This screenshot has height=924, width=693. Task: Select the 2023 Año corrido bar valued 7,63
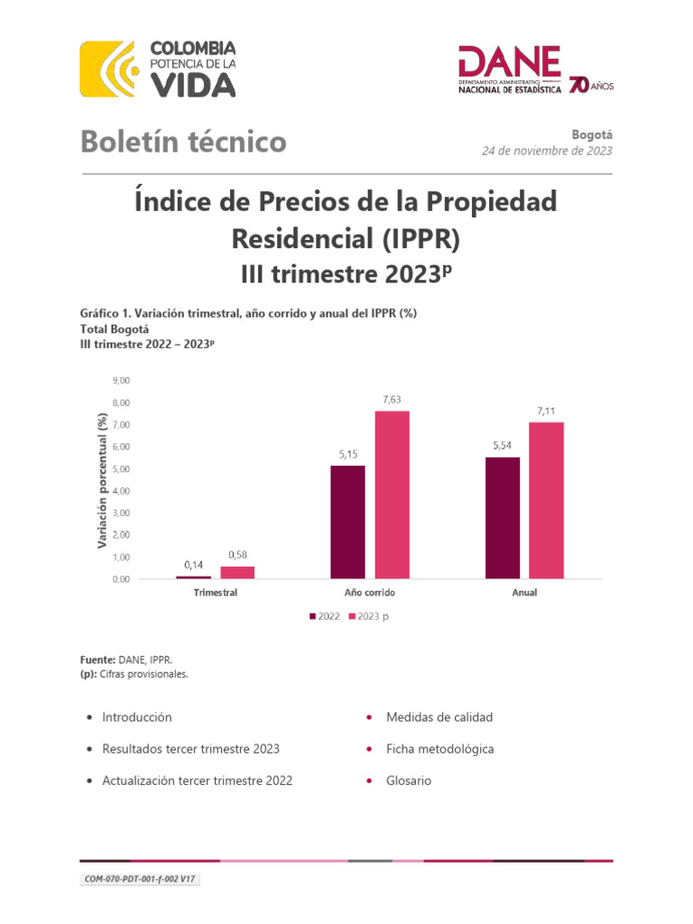point(393,494)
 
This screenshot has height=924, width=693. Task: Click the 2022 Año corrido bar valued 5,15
point(348,522)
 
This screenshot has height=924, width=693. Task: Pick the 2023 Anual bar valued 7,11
point(547,500)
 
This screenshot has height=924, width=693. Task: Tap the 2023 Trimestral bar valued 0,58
point(237,572)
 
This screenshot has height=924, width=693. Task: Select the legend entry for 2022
point(325,616)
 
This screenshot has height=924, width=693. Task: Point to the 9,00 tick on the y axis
point(119,381)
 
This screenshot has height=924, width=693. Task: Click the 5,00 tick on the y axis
point(119,469)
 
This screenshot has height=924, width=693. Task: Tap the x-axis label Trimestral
point(216,594)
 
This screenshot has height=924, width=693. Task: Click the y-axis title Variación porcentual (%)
point(103,480)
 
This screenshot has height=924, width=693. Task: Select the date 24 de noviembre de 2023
point(547,151)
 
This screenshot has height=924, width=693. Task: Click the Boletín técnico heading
point(184,142)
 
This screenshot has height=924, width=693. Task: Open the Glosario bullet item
point(408,781)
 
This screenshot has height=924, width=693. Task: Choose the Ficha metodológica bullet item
point(439,749)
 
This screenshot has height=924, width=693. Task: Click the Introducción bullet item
point(136,717)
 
